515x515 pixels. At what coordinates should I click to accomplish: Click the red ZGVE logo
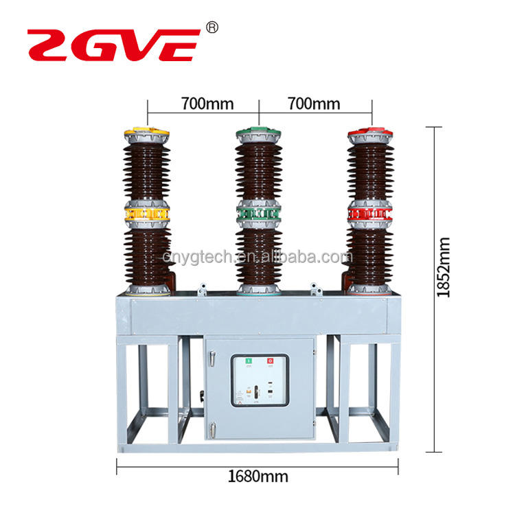click(113, 44)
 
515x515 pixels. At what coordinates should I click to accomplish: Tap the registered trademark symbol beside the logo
click(212, 28)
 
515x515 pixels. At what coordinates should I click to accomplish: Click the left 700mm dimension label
click(207, 104)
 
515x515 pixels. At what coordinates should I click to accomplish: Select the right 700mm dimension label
click(314, 104)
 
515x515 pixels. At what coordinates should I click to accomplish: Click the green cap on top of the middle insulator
click(259, 130)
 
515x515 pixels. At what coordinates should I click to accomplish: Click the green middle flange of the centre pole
click(259, 214)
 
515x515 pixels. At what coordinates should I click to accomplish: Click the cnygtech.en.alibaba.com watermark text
click(258, 257)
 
